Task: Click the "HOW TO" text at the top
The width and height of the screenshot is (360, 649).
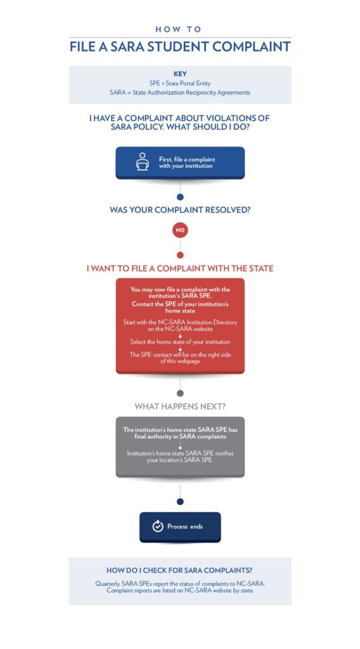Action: pos(178,29)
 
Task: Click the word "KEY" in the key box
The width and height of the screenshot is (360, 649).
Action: pos(180,74)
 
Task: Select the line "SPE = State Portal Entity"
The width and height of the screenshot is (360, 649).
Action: pos(180,83)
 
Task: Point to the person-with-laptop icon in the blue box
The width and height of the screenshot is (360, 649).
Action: pos(143,162)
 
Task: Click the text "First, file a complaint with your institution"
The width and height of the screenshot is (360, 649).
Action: pos(186,162)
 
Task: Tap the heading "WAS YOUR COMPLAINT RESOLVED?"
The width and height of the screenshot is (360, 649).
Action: pos(180,210)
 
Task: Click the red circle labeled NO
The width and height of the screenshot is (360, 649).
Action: pos(180,230)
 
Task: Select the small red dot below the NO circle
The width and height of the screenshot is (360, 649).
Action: pos(180,255)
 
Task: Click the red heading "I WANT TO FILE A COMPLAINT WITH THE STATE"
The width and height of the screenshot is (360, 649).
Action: pos(180,269)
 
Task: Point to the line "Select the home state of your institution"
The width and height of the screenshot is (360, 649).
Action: pos(180,342)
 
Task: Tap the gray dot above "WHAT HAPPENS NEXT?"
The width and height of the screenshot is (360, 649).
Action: pos(180,393)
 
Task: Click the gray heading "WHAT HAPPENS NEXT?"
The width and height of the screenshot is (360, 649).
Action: pos(180,407)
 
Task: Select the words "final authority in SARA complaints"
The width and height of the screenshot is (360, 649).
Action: pos(180,436)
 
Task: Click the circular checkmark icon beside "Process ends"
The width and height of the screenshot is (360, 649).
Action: pos(158,526)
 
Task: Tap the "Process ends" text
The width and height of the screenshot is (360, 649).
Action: pos(185,527)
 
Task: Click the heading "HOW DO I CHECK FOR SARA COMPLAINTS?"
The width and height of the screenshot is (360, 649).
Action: pos(180,570)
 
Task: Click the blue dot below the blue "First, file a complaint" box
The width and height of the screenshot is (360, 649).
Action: pos(180,197)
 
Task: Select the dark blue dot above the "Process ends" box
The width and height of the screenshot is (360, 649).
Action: pos(180,502)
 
